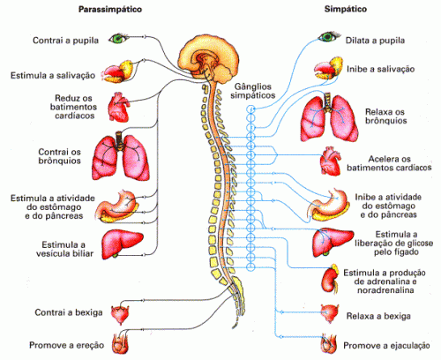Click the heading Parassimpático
110,10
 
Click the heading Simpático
346,9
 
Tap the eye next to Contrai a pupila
118,38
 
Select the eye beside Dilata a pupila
329,36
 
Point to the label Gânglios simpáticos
253,91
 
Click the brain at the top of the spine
209,60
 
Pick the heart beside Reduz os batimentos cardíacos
118,107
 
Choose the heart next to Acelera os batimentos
331,161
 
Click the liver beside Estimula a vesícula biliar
122,244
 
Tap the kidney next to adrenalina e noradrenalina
330,278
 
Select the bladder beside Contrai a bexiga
120,314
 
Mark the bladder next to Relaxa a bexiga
330,313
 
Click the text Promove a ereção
67,345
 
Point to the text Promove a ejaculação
386,346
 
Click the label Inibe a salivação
381,69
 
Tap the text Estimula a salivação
53,75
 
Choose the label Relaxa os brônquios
385,116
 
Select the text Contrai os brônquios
59,156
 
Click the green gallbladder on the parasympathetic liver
115,255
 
